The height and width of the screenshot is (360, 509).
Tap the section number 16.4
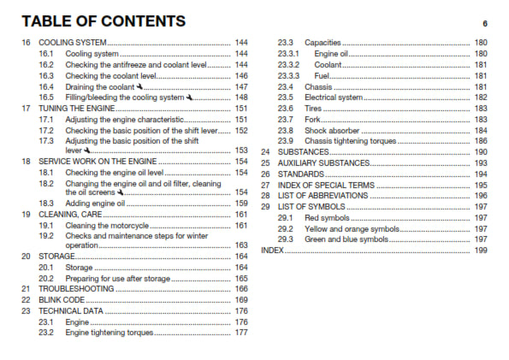coord(46,86)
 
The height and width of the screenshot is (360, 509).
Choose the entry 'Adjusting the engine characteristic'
coord(125,120)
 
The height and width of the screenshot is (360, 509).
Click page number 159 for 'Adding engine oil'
coord(241,203)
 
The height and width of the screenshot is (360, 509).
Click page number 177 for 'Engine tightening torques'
coord(241,333)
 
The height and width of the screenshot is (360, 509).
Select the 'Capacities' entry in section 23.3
coord(323,42)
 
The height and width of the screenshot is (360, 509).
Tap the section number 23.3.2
coord(288,64)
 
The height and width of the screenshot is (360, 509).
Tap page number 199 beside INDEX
coord(481,251)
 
